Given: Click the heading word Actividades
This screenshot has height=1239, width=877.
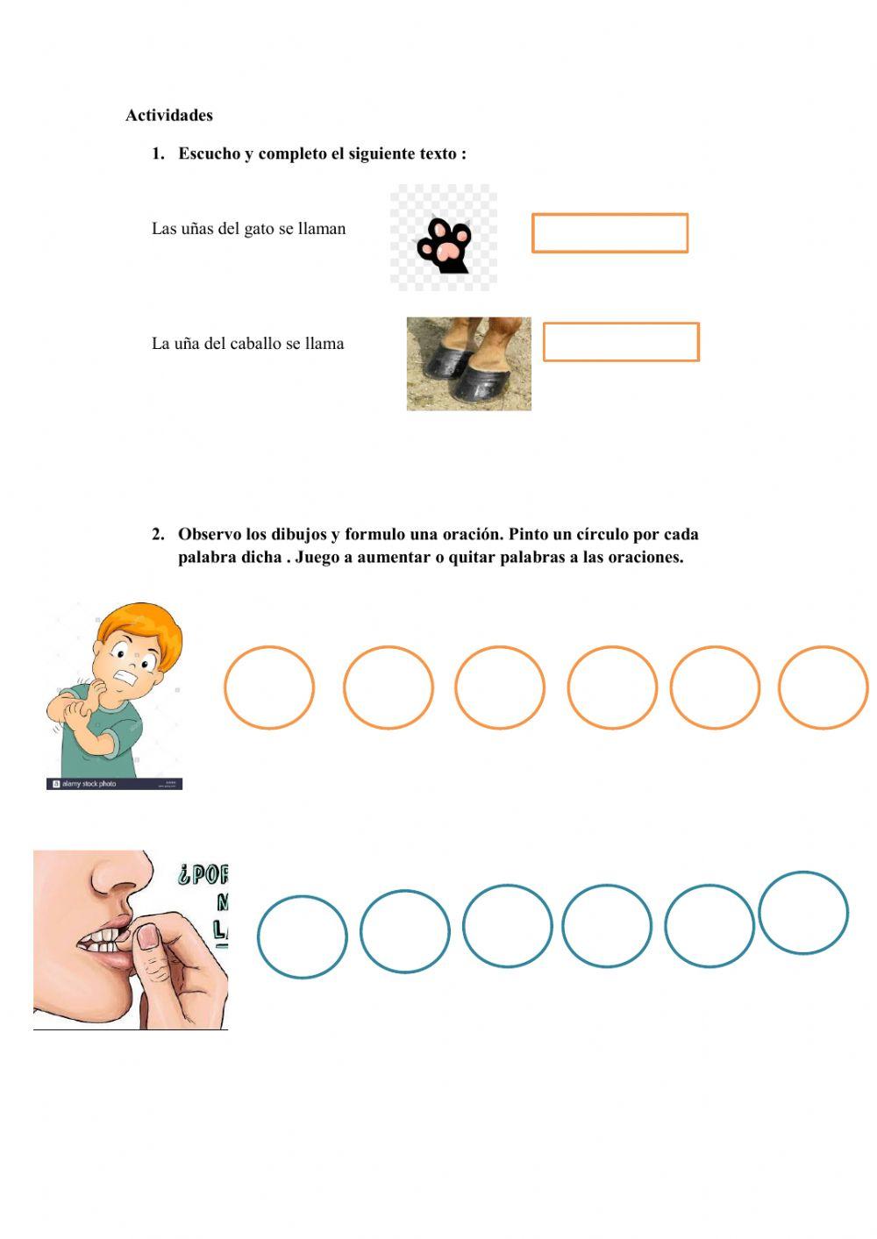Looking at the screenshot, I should point(168,115).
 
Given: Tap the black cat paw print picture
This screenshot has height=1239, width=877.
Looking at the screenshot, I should point(445,246).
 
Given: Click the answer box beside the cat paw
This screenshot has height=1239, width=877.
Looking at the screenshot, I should point(610,233).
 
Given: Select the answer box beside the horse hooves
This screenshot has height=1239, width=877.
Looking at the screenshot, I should point(621,342).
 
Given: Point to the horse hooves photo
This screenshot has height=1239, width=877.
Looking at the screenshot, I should point(468,364).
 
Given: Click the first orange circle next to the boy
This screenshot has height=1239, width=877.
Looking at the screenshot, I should point(269,687).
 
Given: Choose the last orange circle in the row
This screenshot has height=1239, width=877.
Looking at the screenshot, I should point(823,687).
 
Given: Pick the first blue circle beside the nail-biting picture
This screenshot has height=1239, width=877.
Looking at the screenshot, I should point(302,936).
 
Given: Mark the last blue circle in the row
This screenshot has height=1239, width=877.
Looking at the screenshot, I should point(802,913).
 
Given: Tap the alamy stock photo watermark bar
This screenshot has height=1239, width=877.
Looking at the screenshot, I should point(114,784).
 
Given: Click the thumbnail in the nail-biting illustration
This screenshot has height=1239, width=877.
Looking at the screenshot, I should point(148,937).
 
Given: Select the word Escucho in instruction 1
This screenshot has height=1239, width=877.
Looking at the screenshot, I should point(210,153).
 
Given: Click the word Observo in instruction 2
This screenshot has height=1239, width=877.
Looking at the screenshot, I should point(210,534).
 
